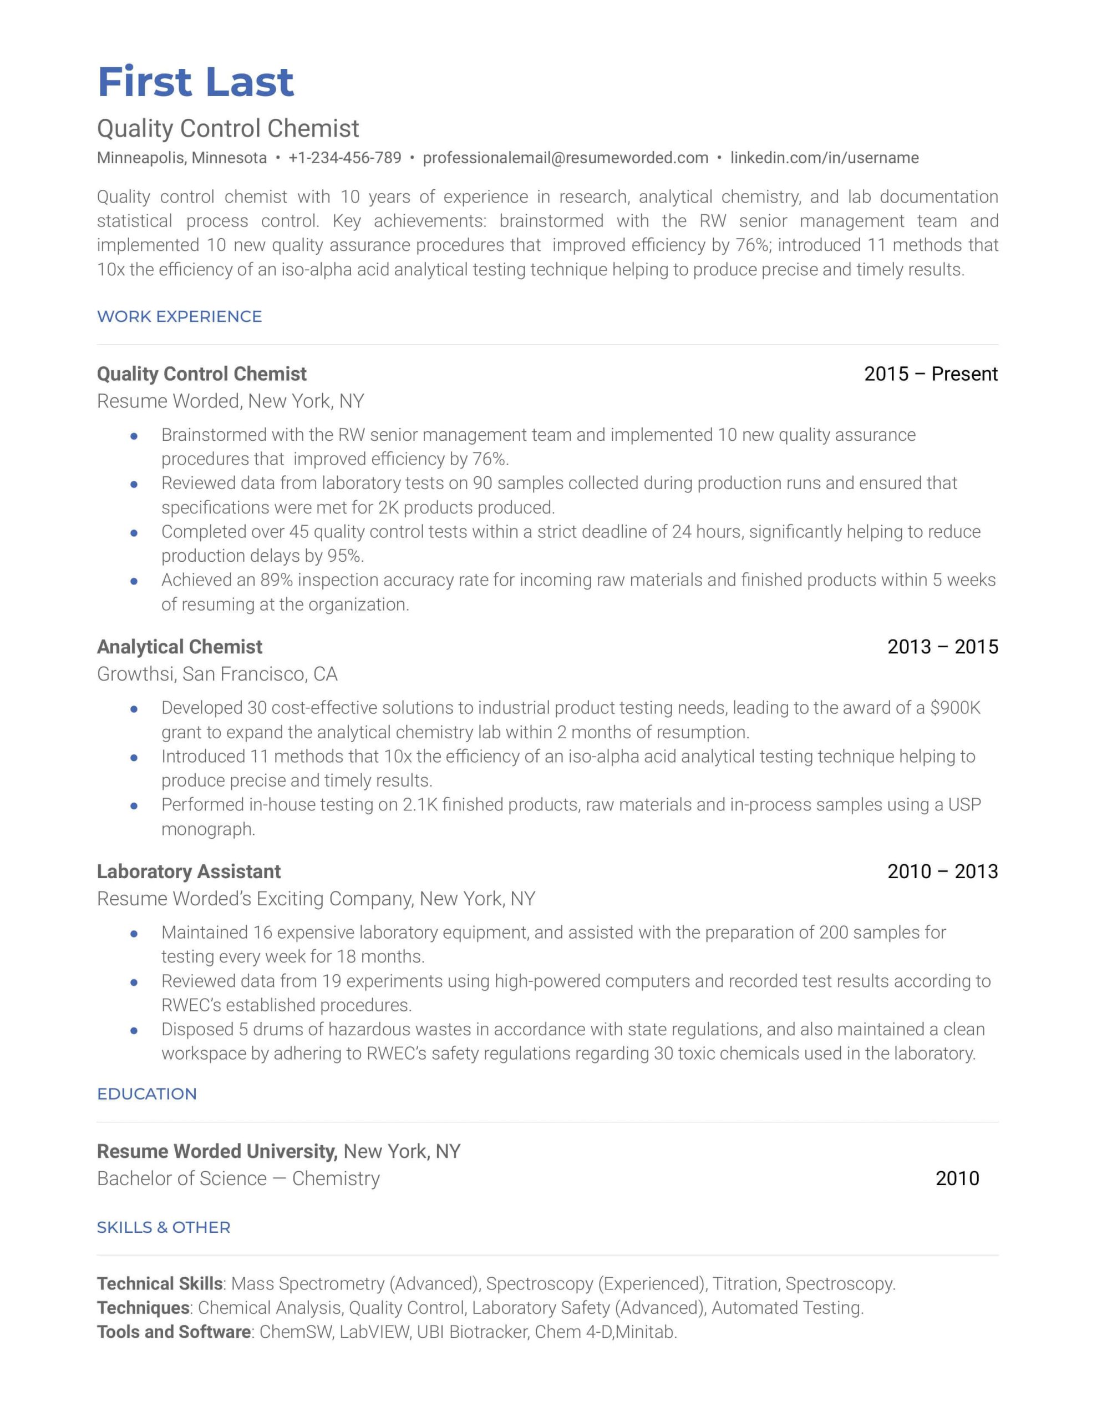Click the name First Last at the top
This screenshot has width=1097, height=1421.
point(195,83)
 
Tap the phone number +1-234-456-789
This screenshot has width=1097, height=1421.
point(344,158)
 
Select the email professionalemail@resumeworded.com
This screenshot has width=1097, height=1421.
point(565,158)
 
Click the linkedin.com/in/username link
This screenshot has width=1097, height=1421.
point(824,158)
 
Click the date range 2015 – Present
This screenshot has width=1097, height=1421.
point(931,374)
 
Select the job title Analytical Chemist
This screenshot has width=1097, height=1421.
point(180,647)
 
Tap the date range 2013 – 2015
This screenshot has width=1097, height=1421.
point(942,647)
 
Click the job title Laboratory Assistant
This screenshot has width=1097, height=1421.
point(189,871)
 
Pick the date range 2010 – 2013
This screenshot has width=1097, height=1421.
point(942,871)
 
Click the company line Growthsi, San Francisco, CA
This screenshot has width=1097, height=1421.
point(217,674)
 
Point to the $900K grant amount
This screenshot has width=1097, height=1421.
point(954,708)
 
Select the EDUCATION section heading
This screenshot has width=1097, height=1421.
point(146,1094)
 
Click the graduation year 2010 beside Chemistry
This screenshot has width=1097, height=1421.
point(957,1178)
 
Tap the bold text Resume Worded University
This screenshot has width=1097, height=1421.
point(216,1151)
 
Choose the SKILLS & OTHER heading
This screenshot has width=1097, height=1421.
point(163,1227)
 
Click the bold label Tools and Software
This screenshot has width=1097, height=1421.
point(174,1332)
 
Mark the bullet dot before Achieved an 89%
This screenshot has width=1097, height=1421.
point(134,581)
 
